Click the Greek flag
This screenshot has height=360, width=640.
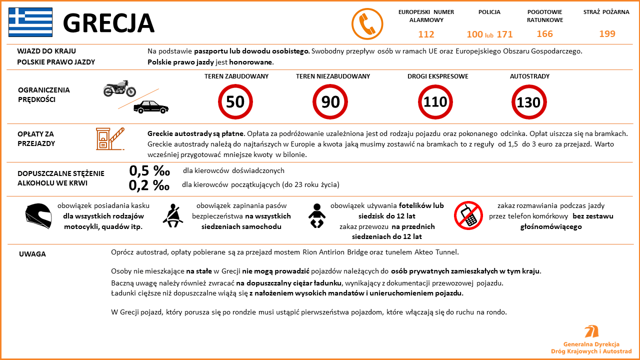coord(30,22)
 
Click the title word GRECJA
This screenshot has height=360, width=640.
coord(108,23)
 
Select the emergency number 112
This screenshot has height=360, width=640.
coord(426,34)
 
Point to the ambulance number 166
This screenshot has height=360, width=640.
coord(544,34)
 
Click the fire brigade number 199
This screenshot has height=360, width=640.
coord(607,34)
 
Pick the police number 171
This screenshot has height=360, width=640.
coord(504,34)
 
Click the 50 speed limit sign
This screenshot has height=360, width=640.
coord(235,102)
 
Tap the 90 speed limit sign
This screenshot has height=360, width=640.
coord(330,102)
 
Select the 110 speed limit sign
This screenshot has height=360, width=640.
coord(435,102)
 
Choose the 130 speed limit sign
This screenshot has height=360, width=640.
coord(528,102)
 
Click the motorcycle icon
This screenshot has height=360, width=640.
coord(119,88)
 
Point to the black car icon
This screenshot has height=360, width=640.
coord(150,106)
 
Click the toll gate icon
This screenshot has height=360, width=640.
coord(109,138)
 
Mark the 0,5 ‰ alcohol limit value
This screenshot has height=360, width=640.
coord(149,170)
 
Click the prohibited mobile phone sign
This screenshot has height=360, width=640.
coord(468,216)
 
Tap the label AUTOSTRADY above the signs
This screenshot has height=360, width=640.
coord(529,76)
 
